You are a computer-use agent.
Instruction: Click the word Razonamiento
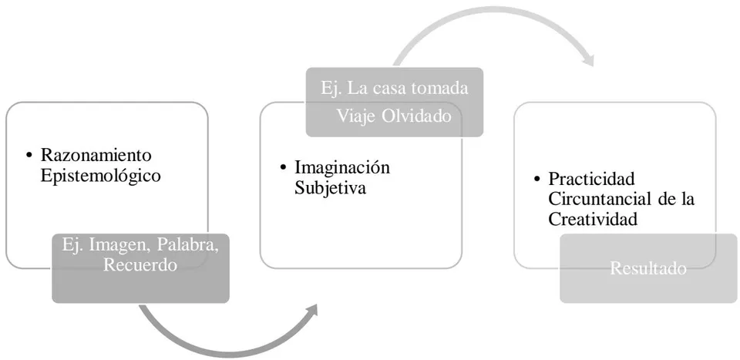pos(96,155)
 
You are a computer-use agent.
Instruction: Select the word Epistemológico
pos(100,176)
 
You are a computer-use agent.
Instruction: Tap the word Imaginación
pos(342,167)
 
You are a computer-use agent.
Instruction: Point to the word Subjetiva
pos(331,188)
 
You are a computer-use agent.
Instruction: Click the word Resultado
pos(648,268)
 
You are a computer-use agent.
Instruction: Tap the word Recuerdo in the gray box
pos(140,264)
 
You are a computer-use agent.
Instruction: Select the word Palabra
pos(187,245)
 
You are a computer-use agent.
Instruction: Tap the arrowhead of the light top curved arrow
pos(587,61)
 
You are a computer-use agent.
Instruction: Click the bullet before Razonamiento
pos(30,155)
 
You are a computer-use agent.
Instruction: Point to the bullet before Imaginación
pos(283,168)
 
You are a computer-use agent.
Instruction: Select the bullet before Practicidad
pos(536,180)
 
